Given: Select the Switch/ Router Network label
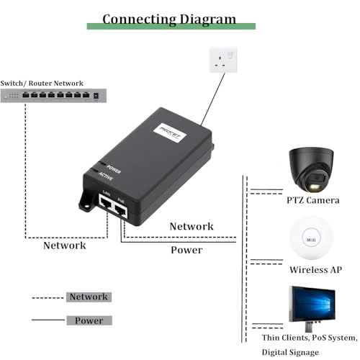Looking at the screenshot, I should [x=42, y=84].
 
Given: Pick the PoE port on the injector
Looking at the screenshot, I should [x=121, y=210].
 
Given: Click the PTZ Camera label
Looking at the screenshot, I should [x=313, y=199].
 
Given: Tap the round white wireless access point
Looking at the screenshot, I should [x=313, y=238].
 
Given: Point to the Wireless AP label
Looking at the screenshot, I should [x=315, y=270].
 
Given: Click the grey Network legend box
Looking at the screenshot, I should [x=88, y=297].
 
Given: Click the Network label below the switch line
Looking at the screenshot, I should [x=65, y=245].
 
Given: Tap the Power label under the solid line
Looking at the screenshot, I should [x=186, y=250].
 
